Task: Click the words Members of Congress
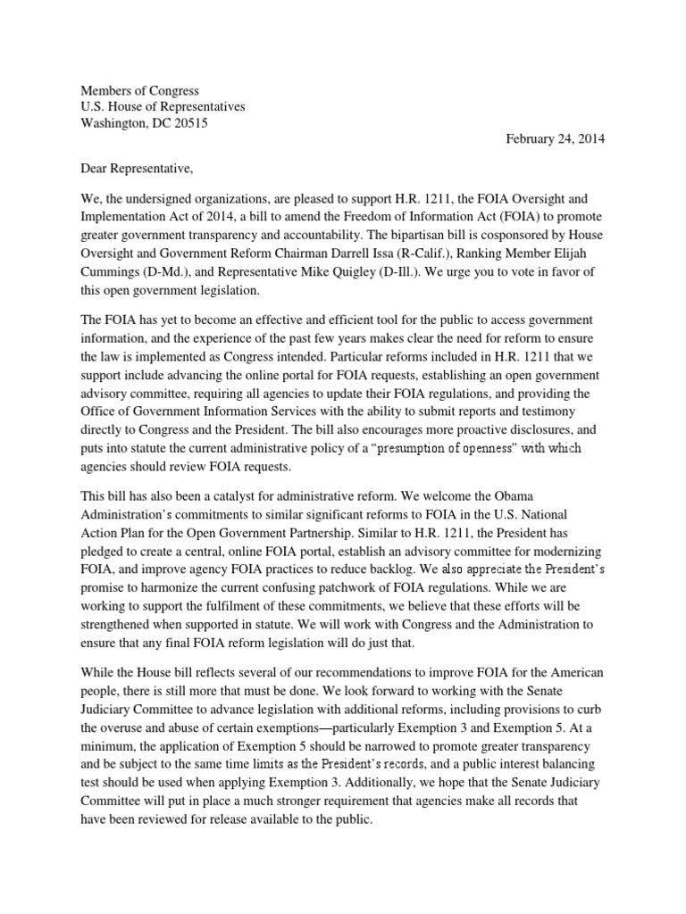(140, 91)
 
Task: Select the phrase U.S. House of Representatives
(163, 107)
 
